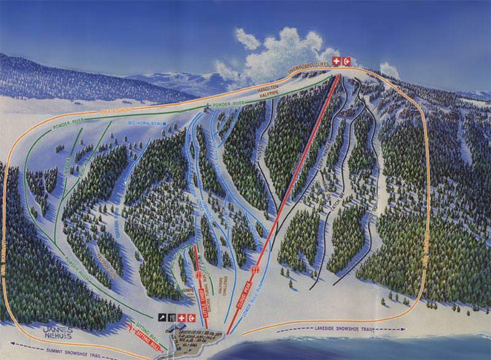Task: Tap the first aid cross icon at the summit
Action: point(336,60)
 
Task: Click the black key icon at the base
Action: point(163,317)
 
